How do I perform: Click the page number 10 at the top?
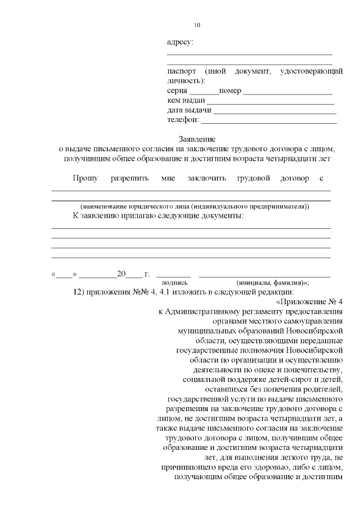click(x=197, y=25)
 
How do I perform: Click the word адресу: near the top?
click(x=181, y=42)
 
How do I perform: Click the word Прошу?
click(x=85, y=178)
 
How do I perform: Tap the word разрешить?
click(x=129, y=178)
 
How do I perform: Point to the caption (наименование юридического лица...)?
click(x=195, y=206)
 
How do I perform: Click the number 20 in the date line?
click(x=121, y=274)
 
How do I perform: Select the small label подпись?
click(x=175, y=283)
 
